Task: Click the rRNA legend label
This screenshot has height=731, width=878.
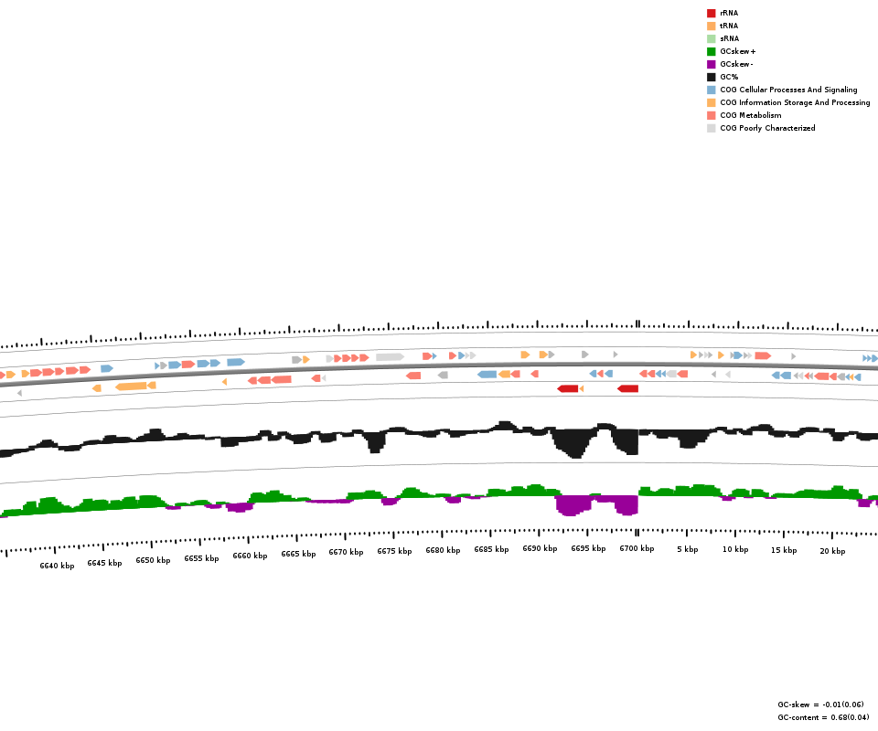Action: pos(728,13)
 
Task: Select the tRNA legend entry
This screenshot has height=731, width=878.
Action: pos(728,26)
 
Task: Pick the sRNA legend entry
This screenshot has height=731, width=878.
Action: pos(728,38)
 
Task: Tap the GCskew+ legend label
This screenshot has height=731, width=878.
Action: pos(737,51)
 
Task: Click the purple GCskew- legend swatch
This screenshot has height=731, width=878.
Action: pos(711,64)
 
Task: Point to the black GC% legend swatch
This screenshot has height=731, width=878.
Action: pos(711,77)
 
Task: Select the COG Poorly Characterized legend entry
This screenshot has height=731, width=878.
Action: pos(766,128)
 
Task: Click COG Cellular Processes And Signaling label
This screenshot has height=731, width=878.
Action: pos(788,90)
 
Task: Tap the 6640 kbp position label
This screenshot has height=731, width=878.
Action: pos(57,566)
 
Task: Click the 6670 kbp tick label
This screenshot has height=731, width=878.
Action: pos(346,552)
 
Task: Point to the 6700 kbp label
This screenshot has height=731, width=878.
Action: pos(637,548)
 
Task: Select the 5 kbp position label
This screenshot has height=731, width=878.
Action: pos(687,549)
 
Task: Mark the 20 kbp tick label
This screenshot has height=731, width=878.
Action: pos(831,550)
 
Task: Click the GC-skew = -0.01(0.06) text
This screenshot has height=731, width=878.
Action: pos(819,705)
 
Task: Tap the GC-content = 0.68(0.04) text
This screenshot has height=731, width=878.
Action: pos(823,717)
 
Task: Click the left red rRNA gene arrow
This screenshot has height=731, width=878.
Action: pos(568,388)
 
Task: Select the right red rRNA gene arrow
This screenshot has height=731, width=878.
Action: pos(628,388)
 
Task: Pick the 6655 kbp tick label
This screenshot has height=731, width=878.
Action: pos(201,557)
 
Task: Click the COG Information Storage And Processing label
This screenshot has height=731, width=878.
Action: pos(794,102)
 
